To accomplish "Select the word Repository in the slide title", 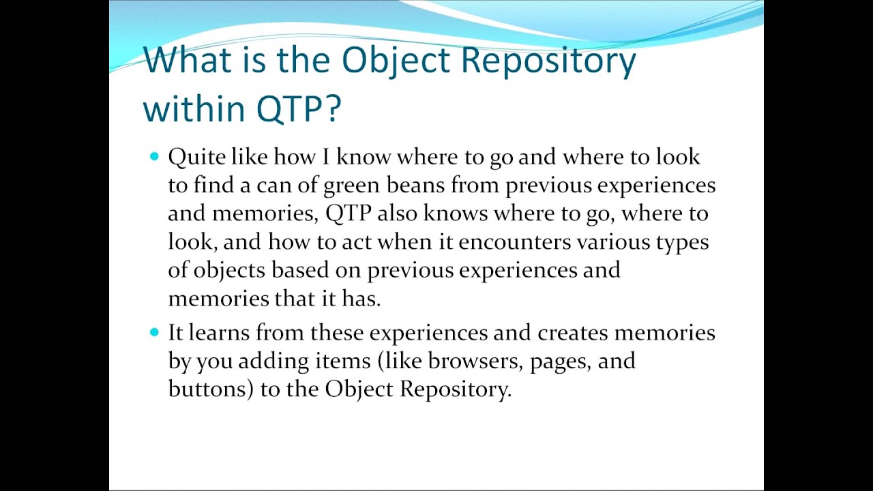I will coord(548,61).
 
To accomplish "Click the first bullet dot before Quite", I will coord(153,157).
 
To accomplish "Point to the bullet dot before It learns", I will coord(153,332).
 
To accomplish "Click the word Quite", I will coord(196,158).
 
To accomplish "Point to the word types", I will coord(681,243).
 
